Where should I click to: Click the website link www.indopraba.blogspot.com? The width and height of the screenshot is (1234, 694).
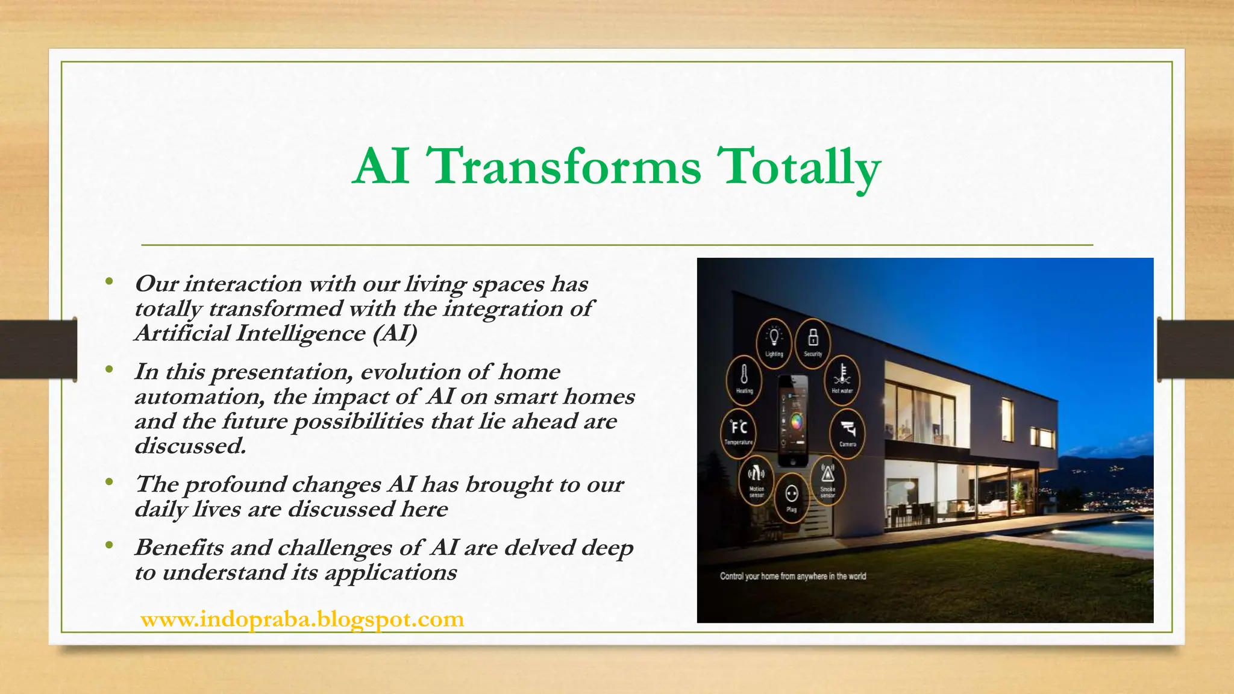coord(302,619)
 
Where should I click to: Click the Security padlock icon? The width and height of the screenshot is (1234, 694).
coord(813,339)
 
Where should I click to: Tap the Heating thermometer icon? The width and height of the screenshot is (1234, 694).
coord(744,377)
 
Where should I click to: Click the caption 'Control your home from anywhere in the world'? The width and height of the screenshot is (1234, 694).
coord(793,576)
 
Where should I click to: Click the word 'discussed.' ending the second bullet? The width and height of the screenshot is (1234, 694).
coord(190,446)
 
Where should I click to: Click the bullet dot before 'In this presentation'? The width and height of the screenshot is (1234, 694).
coord(108,369)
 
